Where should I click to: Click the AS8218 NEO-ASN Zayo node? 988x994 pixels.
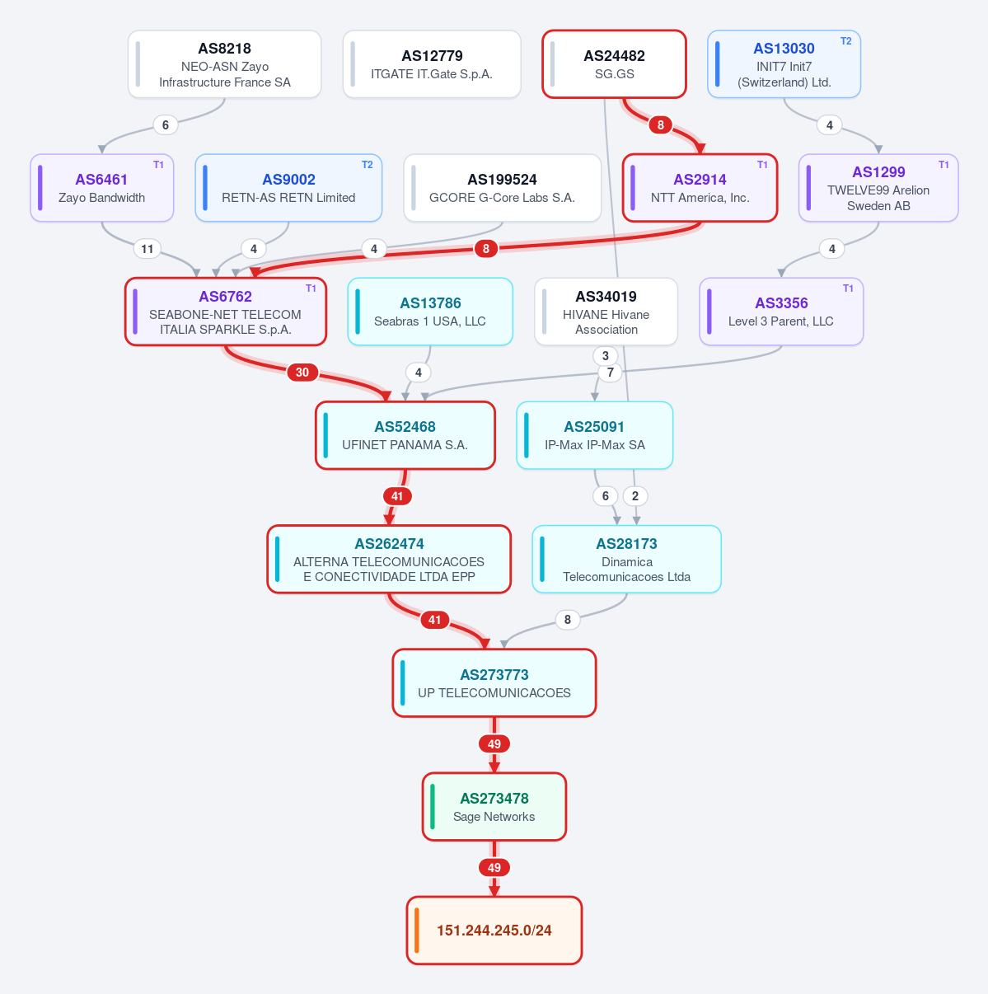point(224,64)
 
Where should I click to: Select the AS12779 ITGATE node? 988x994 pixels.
point(432,64)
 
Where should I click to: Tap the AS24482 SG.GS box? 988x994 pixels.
point(614,64)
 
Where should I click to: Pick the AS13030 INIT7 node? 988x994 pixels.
point(784,64)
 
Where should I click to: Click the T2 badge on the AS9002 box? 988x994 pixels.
point(367,165)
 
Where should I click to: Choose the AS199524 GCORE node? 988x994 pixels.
point(502,188)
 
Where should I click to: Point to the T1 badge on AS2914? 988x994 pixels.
point(762,165)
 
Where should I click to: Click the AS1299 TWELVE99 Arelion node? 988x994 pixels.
point(878,188)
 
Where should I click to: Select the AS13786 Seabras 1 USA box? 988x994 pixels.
point(430,312)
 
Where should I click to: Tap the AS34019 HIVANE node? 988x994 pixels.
point(606,312)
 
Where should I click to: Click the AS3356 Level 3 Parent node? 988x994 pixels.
point(781,312)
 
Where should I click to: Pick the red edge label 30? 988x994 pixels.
point(302,372)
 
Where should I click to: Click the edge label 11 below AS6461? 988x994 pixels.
point(147,249)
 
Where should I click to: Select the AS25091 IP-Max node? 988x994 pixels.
point(594,435)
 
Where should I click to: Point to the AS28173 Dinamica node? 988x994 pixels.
point(626,559)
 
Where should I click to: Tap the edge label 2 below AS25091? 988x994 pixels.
point(635,495)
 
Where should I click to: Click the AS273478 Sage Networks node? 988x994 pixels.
point(494,806)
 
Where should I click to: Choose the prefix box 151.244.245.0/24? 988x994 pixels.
point(494,930)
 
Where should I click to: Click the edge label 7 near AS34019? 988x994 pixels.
point(611,372)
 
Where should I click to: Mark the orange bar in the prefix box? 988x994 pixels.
point(416,930)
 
